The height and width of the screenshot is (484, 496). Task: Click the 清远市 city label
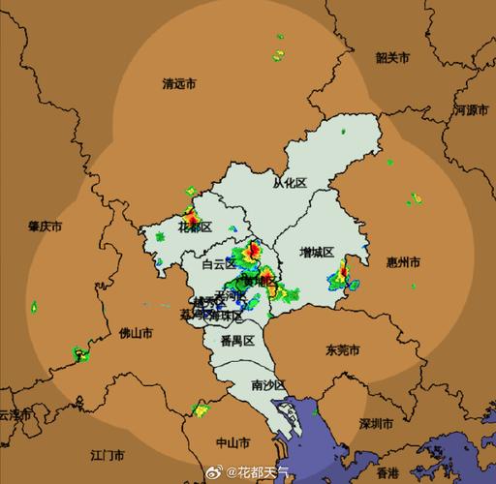[179, 84]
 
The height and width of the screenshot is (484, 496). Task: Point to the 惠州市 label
[402, 262]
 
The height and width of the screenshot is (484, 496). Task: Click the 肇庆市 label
[45, 227]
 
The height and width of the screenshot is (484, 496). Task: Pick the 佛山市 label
[136, 333]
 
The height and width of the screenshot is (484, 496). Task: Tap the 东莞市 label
[342, 349]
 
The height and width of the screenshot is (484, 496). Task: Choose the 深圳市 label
[376, 424]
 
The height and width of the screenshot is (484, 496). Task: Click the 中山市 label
[232, 442]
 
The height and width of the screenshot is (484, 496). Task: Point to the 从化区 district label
[289, 182]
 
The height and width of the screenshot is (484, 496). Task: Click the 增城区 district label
[316, 252]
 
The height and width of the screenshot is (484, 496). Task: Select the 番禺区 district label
[236, 341]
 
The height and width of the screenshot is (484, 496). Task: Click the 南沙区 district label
[267, 384]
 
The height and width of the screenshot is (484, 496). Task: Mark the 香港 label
[387, 473]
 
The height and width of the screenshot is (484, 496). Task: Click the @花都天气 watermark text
[263, 472]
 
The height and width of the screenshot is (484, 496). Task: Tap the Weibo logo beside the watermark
[216, 472]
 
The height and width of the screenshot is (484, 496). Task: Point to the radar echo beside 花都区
[191, 211]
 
